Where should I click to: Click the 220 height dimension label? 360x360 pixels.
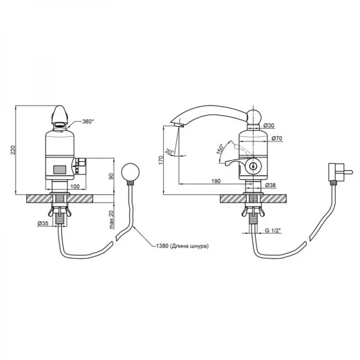coord(14,150)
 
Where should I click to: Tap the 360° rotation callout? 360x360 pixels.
coord(88,121)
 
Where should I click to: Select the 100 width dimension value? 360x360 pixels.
coord(75,187)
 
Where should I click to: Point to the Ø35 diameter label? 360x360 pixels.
coord(43,223)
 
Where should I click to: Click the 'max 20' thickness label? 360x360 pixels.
coord(112,220)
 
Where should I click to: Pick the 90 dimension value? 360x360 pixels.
coord(111,176)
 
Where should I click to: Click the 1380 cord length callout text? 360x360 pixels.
coord(182,246)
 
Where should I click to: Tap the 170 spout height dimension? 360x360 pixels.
coord(161,160)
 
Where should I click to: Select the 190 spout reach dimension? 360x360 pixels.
coord(216,181)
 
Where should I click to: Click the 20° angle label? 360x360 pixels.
coord(170,152)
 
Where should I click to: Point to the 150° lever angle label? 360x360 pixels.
coord(220,149)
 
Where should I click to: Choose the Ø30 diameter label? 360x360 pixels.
coord(269,125)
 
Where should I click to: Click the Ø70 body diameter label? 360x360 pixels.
coord(277,138)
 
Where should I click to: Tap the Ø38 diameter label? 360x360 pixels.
coord(271,185)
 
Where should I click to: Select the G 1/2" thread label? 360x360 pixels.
coord(273,230)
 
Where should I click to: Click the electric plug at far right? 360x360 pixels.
coord(340,172)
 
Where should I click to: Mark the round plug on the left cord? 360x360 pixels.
coord(130,172)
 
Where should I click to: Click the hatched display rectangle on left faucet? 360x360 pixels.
coord(60,170)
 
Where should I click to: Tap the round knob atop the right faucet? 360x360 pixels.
coord(253,116)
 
